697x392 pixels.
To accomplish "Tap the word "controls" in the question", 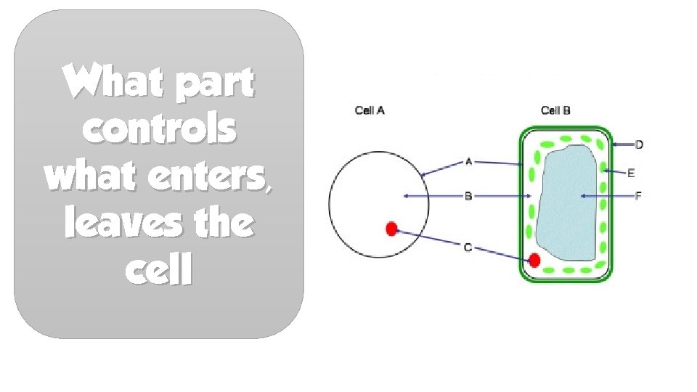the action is click(159, 130).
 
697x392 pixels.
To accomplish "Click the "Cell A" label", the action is click(369, 110).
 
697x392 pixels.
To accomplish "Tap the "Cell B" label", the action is click(555, 110).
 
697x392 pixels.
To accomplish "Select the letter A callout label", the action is click(468, 162).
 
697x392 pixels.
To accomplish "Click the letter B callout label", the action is click(468, 196).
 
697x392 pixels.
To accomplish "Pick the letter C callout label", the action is click(468, 248).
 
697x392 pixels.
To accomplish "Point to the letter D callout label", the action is click(639, 145).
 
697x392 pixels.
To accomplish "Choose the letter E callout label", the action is click(631, 173).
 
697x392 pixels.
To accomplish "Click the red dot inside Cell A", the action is click(391, 229).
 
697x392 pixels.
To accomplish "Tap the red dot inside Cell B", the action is click(535, 260).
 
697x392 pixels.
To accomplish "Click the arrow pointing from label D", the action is click(623, 145).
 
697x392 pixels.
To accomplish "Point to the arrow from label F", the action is click(606, 196).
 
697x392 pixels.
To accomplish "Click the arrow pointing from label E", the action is click(614, 172).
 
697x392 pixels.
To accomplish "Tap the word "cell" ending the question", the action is click(158, 271).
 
